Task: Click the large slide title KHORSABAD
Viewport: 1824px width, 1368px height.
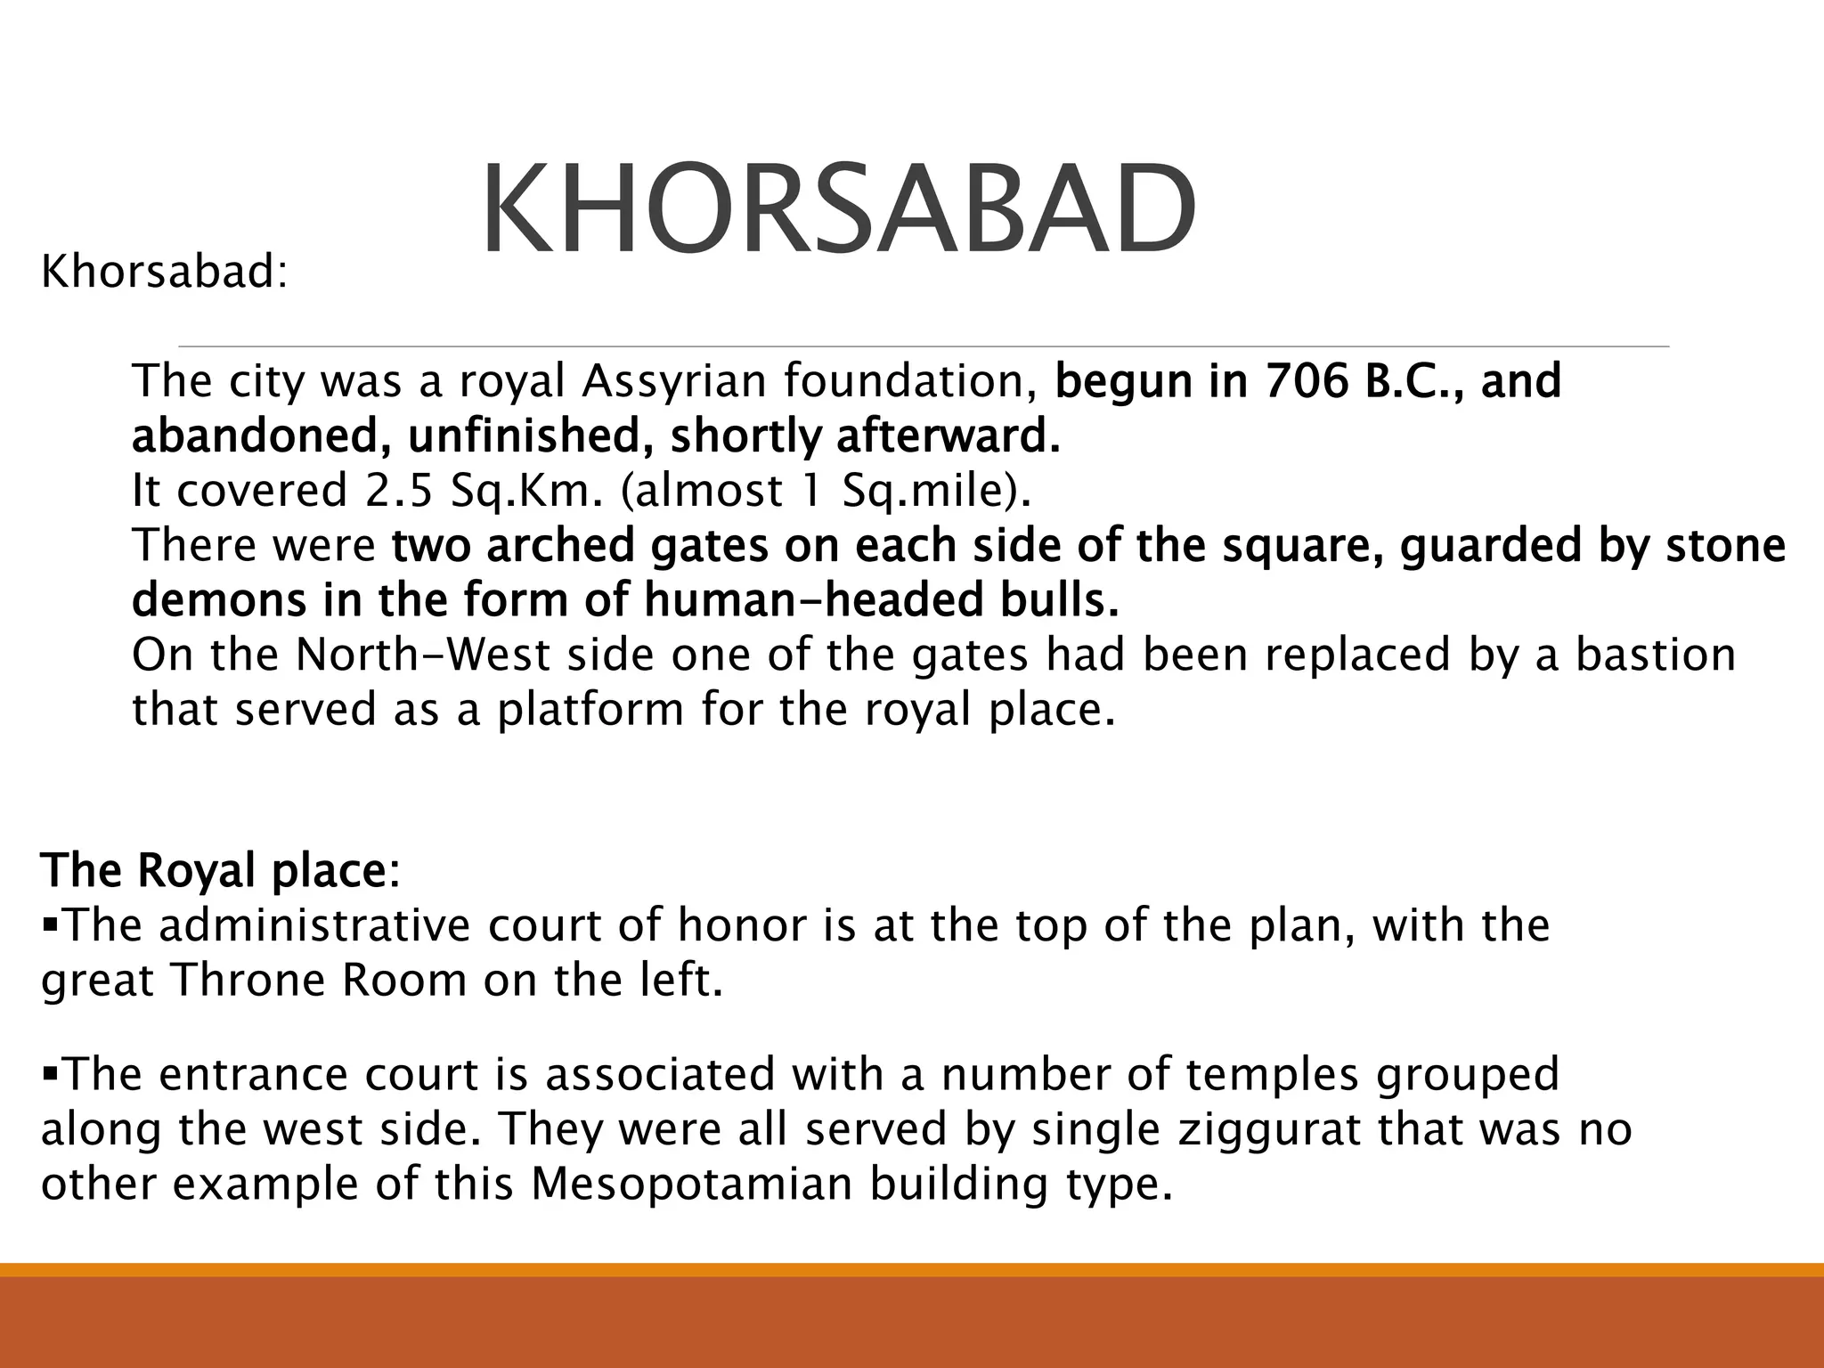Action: pyautogui.click(x=837, y=209)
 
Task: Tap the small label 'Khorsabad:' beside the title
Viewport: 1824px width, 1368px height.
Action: pyautogui.click(x=165, y=272)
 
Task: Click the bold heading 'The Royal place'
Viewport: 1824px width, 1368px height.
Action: pyautogui.click(x=213, y=870)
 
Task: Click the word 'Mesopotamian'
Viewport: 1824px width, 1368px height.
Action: pyautogui.click(x=692, y=1185)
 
